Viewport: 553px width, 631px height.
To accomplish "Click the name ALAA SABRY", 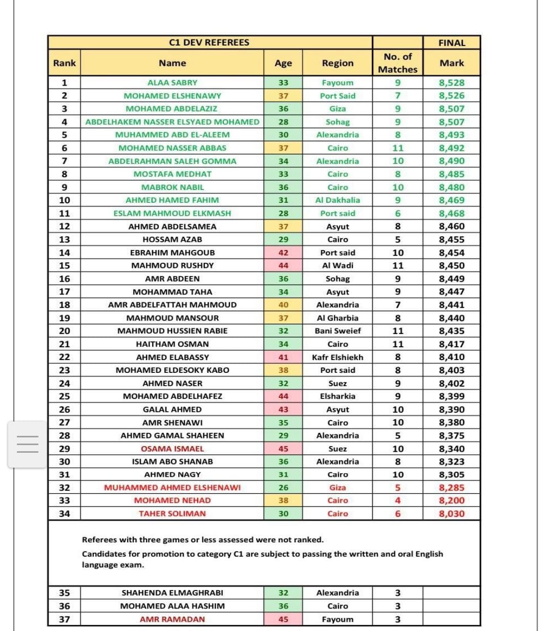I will pyautogui.click(x=172, y=82).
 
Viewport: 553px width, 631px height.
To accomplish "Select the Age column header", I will pyautogui.click(x=283, y=63).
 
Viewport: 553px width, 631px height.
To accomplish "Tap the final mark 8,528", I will pyautogui.click(x=452, y=82).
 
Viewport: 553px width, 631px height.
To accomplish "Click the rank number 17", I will pyautogui.click(x=65, y=291).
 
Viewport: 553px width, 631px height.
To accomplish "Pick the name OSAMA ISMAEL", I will pyautogui.click(x=172, y=449).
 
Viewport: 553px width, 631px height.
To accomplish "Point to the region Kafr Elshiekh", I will pyautogui.click(x=337, y=357).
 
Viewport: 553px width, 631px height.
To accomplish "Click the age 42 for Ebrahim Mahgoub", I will pyautogui.click(x=283, y=253).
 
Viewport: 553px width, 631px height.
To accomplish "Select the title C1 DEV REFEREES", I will pyautogui.click(x=209, y=43).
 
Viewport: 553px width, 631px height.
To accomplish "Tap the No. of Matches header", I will pyautogui.click(x=398, y=63).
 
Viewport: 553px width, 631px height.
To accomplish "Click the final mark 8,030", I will pyautogui.click(x=452, y=514).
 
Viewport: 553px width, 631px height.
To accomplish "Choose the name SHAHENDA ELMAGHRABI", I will pyautogui.click(x=172, y=593).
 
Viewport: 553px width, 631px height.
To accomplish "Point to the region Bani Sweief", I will pyautogui.click(x=337, y=331).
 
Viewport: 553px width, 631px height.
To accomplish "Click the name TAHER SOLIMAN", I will pyautogui.click(x=172, y=514).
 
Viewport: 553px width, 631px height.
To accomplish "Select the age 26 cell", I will pyautogui.click(x=283, y=488).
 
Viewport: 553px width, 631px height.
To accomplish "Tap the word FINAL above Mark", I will pyautogui.click(x=452, y=43).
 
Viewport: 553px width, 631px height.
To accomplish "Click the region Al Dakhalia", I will pyautogui.click(x=337, y=200).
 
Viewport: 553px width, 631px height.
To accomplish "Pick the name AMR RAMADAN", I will pyautogui.click(x=172, y=619).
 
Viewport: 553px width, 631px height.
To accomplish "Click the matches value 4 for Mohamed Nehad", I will pyautogui.click(x=398, y=500).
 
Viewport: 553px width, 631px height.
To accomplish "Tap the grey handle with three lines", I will pyautogui.click(x=28, y=444).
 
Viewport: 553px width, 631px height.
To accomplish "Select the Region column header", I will pyautogui.click(x=337, y=63).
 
